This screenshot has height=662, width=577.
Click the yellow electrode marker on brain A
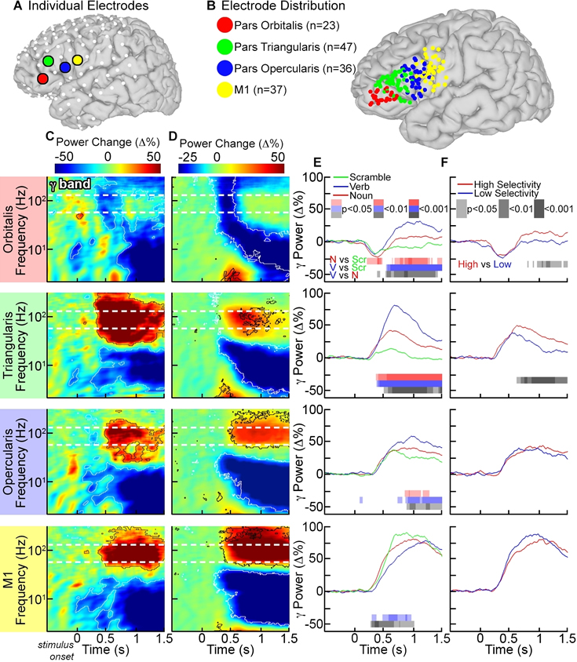[77, 60]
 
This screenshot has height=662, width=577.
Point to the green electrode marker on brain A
[48, 60]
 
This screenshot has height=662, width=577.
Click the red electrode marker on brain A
[42, 78]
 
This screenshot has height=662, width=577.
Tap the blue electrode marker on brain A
[64, 68]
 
